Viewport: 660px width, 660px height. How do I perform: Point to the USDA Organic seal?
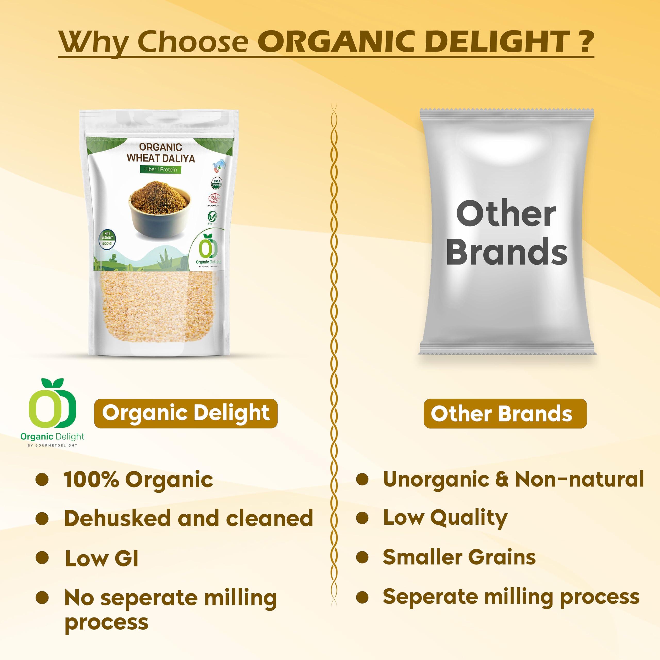click(217, 183)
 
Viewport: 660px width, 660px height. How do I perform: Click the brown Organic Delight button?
click(186, 413)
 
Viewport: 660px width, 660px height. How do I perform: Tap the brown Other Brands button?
click(505, 414)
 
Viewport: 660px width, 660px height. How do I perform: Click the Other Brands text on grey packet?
click(506, 233)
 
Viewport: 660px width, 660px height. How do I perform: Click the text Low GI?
click(102, 559)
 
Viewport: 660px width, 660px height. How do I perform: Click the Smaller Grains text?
click(459, 557)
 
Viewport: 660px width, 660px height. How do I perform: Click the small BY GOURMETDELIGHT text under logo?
click(52, 445)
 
